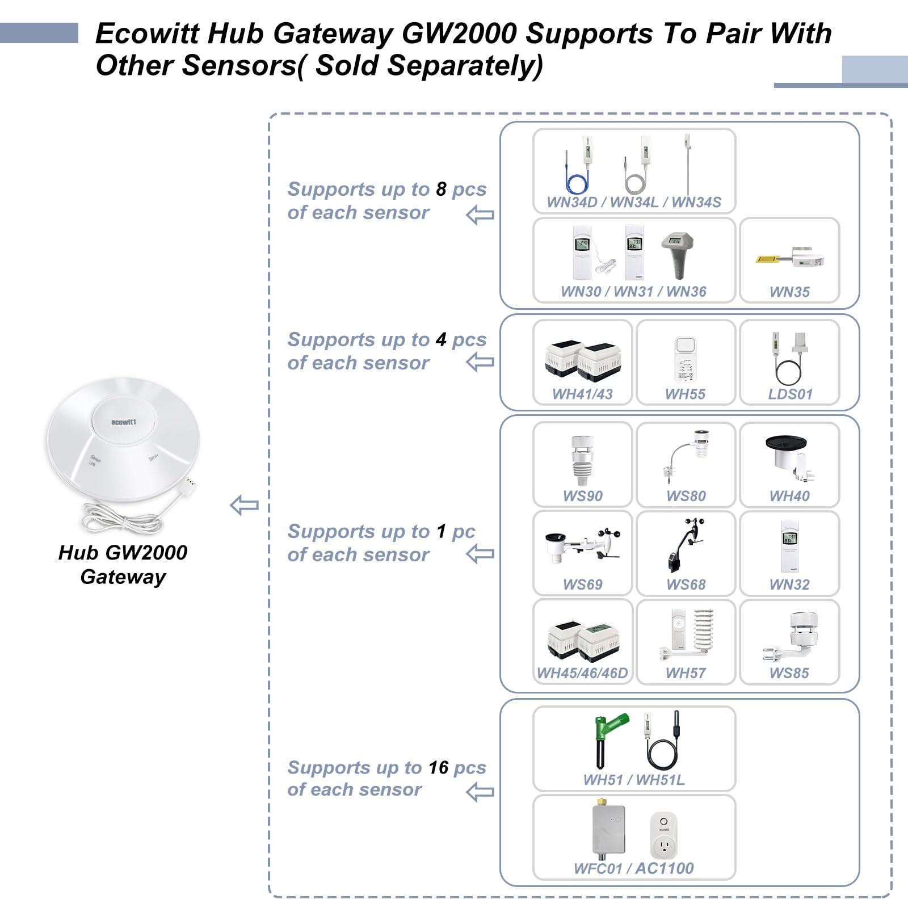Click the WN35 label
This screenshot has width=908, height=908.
pyautogui.click(x=789, y=292)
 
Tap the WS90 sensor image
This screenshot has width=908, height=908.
pyautogui.click(x=582, y=460)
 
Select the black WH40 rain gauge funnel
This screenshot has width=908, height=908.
pyautogui.click(x=787, y=443)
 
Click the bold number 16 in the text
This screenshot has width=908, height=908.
pyautogui.click(x=438, y=767)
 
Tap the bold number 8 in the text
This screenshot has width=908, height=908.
pyautogui.click(x=441, y=189)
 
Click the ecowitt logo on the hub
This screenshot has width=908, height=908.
pyautogui.click(x=123, y=422)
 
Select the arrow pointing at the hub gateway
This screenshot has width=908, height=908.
pyautogui.click(x=245, y=505)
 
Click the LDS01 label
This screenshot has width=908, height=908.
pyautogui.click(x=790, y=394)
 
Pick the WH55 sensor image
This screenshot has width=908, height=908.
pyautogui.click(x=685, y=360)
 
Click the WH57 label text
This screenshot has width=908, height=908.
pyautogui.click(x=686, y=673)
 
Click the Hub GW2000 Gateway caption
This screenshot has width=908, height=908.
pyautogui.click(x=123, y=564)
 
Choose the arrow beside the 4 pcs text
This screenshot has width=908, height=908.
pyautogui.click(x=480, y=362)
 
